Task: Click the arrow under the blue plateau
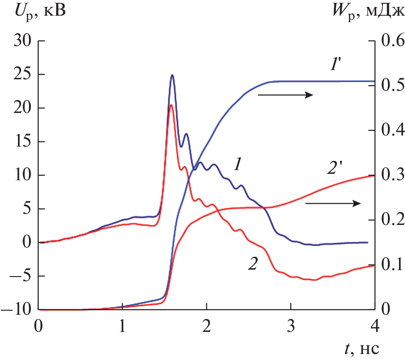coord(286,95)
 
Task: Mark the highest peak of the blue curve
coord(172,75)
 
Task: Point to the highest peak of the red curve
coord(171,105)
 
